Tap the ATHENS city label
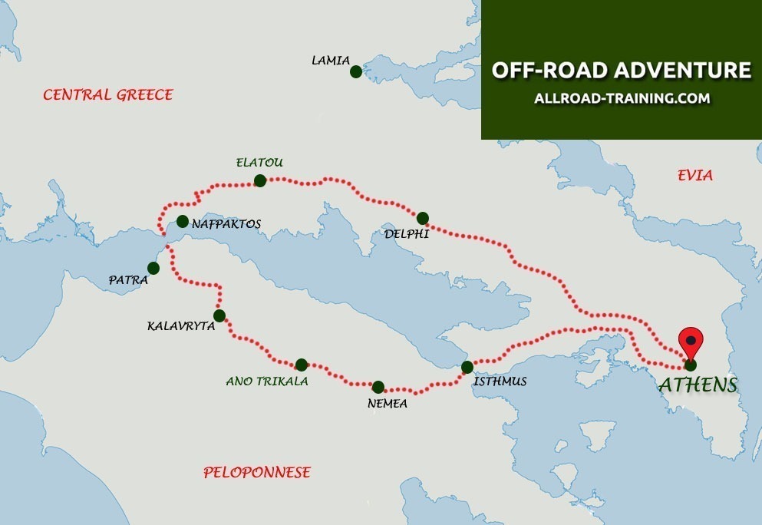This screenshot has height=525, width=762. pos(698,385)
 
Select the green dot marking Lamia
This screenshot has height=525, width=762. pos(355,71)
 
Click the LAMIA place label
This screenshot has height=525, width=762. pos(331,60)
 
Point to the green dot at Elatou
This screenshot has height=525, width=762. pos(259,180)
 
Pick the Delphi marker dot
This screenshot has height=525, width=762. pos(422,217)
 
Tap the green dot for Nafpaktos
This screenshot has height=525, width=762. pos(182,221)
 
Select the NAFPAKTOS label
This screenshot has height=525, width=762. pos(226,223)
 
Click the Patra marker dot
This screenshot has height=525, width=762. pos(153,268)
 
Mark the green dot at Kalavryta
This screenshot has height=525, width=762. pos(219,315)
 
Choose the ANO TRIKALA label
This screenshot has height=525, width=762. pos(266,381)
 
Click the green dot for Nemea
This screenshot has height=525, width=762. pos(378,387)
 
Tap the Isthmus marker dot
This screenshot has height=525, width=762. pos(467,367)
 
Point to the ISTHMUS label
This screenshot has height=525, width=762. pos(500,381)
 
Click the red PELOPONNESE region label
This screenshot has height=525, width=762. pos(257,472)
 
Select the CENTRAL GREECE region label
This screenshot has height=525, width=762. pos(107,95)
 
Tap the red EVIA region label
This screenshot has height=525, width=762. pos(694,176)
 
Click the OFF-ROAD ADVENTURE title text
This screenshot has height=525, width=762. pos(621,70)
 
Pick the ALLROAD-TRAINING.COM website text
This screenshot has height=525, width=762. pos(622,99)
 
